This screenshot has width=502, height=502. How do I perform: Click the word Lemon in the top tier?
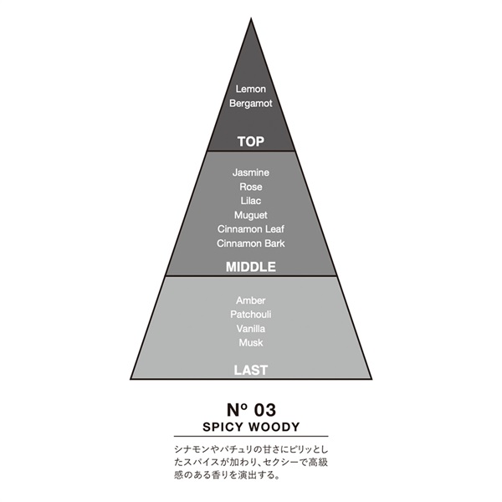coord(251,89)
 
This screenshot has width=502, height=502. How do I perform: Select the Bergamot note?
coord(251,104)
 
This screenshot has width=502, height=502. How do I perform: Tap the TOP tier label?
coord(251,141)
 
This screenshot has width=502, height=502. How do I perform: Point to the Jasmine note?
coord(251,172)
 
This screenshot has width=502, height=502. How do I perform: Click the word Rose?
coord(251,187)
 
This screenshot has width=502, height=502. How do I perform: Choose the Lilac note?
coord(251,201)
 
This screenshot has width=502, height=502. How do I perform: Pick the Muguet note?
coord(251,215)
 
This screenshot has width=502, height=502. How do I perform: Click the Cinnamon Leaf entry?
coord(251,229)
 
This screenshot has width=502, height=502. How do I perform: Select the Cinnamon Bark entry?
coord(251,243)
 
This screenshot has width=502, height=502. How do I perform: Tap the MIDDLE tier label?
coord(251,267)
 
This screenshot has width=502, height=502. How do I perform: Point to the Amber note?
coord(251,300)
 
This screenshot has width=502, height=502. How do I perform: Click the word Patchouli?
coord(251,315)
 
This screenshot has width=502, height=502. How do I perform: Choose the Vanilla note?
coord(251,329)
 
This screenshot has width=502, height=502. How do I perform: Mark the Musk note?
coord(251,342)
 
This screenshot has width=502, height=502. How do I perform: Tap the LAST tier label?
coord(251,370)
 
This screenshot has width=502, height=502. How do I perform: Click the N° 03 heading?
coord(251,410)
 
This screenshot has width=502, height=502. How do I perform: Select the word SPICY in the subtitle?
coord(223,427)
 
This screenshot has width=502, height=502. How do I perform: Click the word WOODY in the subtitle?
coord(274,427)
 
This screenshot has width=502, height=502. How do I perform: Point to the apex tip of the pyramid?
coord(251,18)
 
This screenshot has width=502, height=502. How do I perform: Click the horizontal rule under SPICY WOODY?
coord(251,436)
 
